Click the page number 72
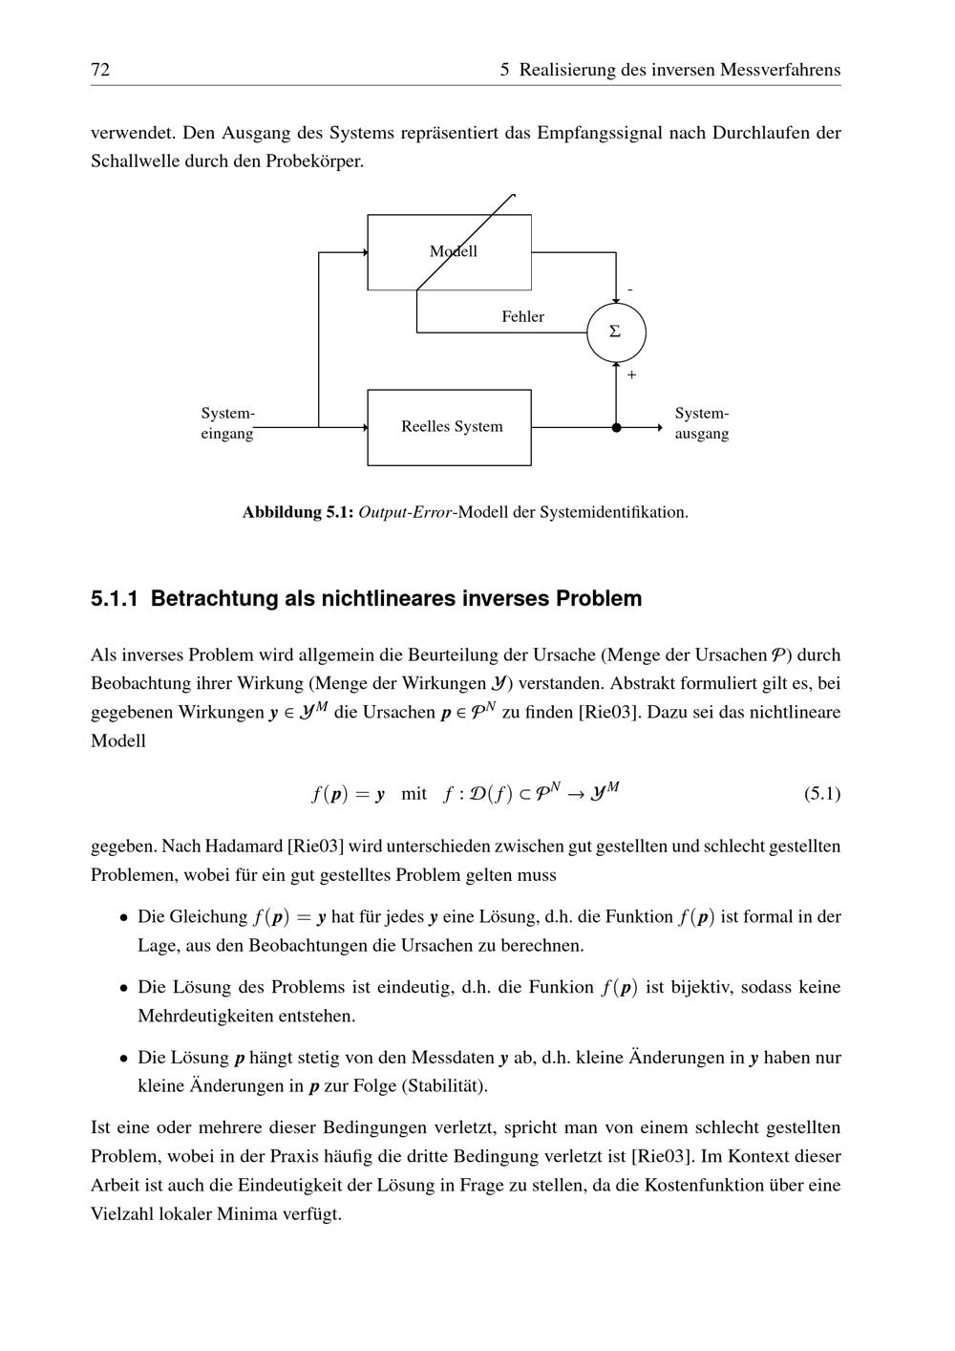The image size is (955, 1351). click(100, 70)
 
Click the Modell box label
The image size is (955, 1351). click(453, 251)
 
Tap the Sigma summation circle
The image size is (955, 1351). click(616, 332)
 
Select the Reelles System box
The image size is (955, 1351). click(450, 427)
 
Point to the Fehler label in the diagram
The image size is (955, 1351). click(522, 316)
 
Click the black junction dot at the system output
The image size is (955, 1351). click(616, 428)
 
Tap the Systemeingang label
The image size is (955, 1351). click(227, 423)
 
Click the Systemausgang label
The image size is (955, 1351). click(702, 423)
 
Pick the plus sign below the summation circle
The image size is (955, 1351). click(631, 375)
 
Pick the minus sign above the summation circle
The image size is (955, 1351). click(629, 289)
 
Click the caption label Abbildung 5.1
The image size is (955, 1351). click(298, 512)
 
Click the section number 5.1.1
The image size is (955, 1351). click(115, 599)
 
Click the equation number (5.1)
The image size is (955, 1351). click(821, 793)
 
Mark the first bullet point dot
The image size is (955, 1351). click(123, 917)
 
